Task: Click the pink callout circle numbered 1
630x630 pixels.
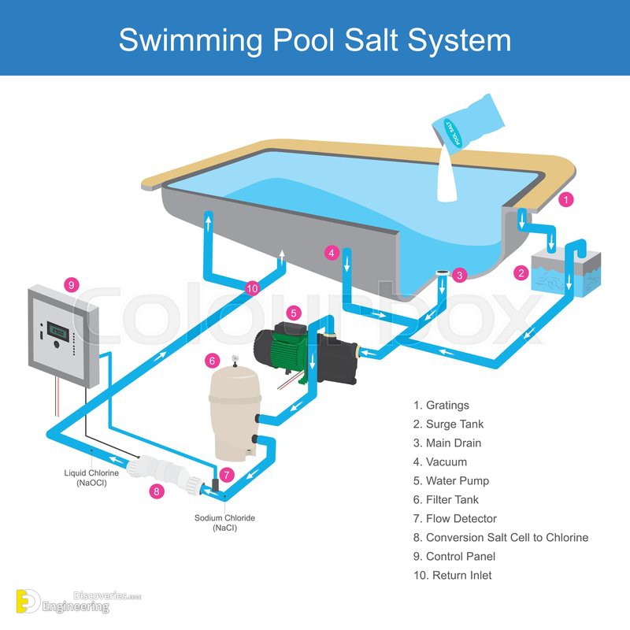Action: click(565, 200)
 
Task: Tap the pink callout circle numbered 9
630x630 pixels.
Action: click(72, 284)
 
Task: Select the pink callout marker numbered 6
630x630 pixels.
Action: click(211, 361)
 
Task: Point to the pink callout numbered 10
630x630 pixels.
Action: click(252, 288)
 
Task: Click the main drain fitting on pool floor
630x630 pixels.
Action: click(442, 274)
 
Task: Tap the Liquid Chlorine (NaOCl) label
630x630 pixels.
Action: click(91, 477)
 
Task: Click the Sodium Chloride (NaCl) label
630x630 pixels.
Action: click(224, 522)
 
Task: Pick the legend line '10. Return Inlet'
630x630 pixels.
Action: click(452, 576)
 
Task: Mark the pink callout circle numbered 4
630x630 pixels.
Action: click(332, 253)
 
